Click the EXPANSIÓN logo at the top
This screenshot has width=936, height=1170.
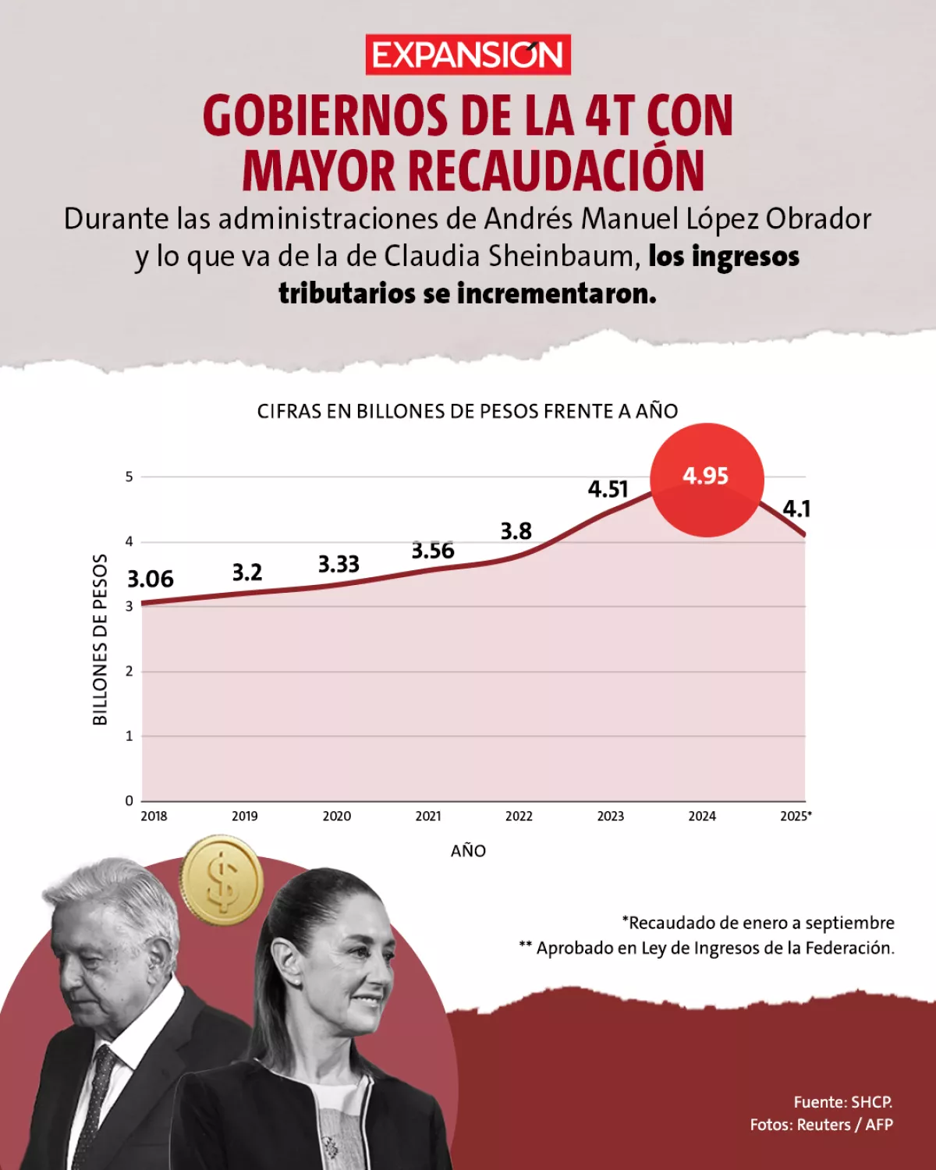tap(468, 55)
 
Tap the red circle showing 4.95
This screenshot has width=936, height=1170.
tap(707, 479)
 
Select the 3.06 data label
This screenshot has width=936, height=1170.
tap(151, 579)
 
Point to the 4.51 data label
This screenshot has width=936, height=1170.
tap(608, 489)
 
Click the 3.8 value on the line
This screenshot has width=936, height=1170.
tap(516, 531)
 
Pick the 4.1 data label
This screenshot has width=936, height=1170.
tap(796, 509)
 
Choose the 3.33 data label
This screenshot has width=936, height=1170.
tap(339, 564)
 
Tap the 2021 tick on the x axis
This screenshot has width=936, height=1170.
tap(428, 816)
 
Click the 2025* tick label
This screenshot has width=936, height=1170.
tap(796, 816)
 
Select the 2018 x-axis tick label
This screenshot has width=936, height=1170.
tap(154, 816)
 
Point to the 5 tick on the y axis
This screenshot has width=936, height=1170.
tap(129, 477)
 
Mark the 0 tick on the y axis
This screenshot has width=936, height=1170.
tap(129, 800)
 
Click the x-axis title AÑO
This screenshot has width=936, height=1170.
tap(468, 851)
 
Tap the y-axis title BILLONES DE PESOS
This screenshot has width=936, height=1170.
tap(100, 640)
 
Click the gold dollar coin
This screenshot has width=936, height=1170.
tap(222, 881)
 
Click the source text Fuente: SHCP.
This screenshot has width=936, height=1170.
tap(842, 1102)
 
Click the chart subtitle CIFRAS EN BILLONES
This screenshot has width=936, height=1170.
tap(468, 411)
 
